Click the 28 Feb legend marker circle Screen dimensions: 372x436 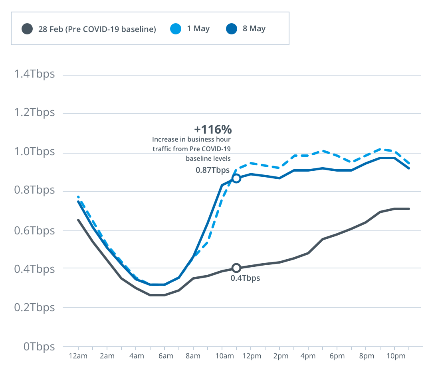click(27, 29)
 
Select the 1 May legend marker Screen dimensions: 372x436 click(176, 29)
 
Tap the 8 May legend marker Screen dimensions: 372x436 click(232, 29)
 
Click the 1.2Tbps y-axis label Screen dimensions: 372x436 click(34, 112)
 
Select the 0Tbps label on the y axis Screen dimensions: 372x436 click(39, 346)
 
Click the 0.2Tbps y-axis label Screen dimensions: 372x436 click(34, 308)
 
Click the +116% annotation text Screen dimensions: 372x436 click(213, 130)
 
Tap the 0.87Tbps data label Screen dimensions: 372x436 click(212, 170)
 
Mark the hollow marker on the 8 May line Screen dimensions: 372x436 click(236, 178)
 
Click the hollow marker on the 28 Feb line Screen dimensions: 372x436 click(236, 268)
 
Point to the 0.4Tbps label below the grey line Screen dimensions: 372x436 click(245, 278)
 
